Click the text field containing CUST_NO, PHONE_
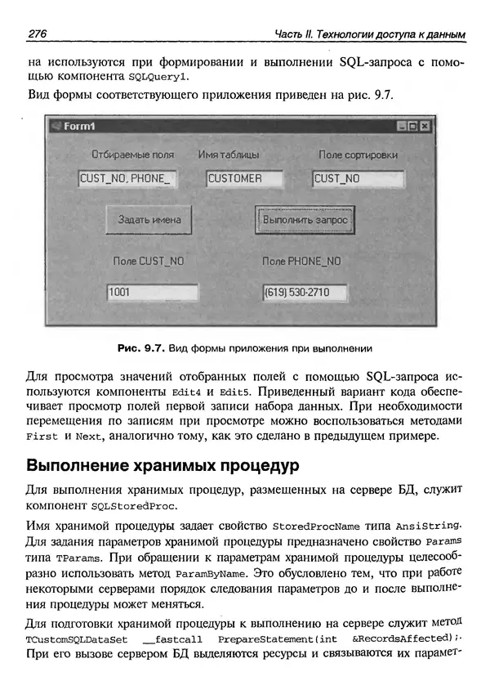click(x=127, y=178)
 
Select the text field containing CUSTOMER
click(x=243, y=178)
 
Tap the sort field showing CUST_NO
click(x=358, y=178)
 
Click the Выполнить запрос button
click(x=305, y=220)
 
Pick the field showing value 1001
click(x=153, y=292)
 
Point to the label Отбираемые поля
click(x=132, y=155)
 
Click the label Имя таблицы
click(x=229, y=155)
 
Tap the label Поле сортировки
click(x=358, y=155)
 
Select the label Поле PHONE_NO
click(x=301, y=262)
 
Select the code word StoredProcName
click(x=318, y=524)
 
